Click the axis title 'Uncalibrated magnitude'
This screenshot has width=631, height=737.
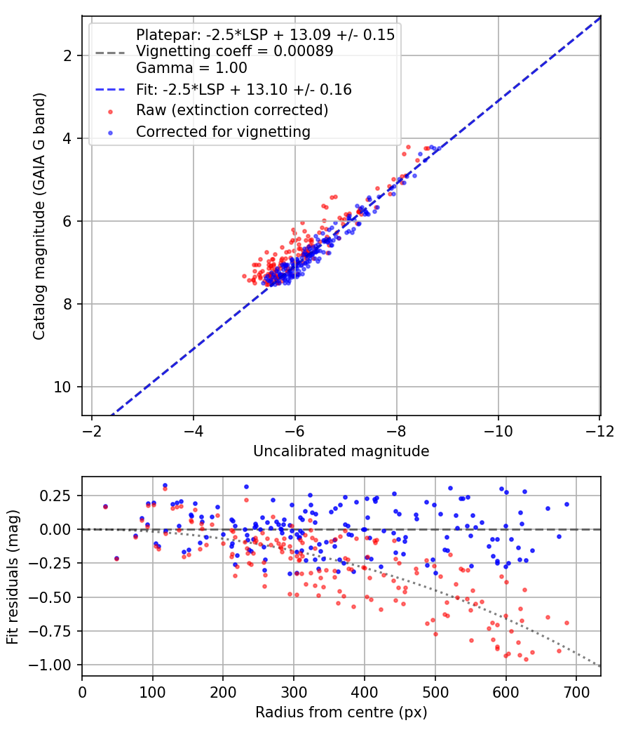pos(341,451)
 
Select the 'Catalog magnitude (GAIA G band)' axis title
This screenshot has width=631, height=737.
pos(39,216)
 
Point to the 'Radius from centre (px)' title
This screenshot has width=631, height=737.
pos(341,712)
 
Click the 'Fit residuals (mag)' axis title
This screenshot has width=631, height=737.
pos(13,577)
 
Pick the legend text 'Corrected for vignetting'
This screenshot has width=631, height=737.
pos(224,132)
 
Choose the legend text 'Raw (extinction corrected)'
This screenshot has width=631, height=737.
pos(232,110)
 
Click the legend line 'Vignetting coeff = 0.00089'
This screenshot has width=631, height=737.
pos(235,51)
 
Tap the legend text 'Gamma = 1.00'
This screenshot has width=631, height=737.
pos(191,67)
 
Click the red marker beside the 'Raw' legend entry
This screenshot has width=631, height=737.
pos(110,112)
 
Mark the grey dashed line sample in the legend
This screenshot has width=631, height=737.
pos(110,53)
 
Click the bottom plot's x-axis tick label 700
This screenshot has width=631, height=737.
pos(576,692)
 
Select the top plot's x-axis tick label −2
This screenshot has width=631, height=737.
pos(92,431)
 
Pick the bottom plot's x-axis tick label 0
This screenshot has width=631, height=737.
pos(82,692)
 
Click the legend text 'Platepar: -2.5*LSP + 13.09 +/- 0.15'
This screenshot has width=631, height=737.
pos(265,34)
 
